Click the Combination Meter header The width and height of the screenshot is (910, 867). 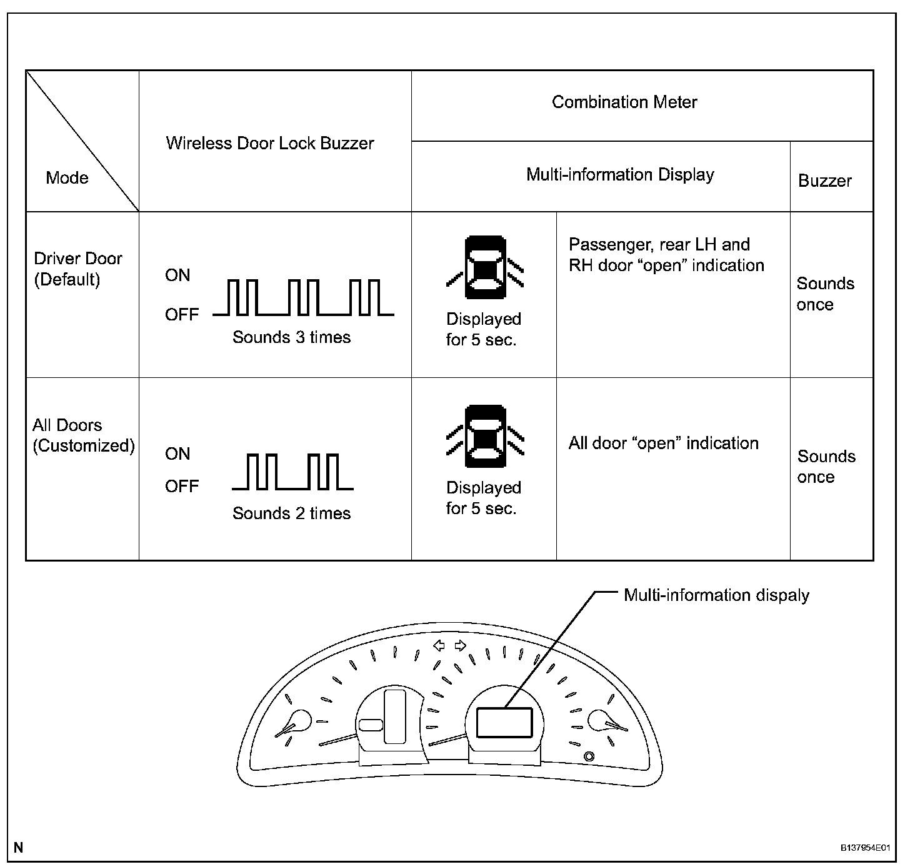[x=624, y=102]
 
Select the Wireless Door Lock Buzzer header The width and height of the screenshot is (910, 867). [x=270, y=143]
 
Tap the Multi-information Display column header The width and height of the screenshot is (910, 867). [x=620, y=175]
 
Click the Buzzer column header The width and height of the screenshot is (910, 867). [x=825, y=181]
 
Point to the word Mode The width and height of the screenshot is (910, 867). [x=67, y=178]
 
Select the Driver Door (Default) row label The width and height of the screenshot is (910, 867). [x=77, y=269]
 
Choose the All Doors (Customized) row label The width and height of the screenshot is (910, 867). [x=83, y=435]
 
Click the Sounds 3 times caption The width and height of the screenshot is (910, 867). [x=291, y=338]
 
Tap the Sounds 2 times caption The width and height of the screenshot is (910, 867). [x=291, y=513]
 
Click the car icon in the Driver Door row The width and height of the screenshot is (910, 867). [x=486, y=267]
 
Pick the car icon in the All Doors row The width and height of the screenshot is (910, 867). [x=486, y=437]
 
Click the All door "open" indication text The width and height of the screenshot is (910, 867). [x=663, y=443]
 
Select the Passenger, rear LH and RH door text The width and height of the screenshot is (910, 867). [x=666, y=255]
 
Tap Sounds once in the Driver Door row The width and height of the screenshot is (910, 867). [x=825, y=294]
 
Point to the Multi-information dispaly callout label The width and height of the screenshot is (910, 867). [x=716, y=595]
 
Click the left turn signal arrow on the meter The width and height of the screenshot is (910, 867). [x=439, y=645]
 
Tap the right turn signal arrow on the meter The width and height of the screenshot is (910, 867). [x=461, y=645]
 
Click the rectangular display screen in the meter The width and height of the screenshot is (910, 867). [x=504, y=723]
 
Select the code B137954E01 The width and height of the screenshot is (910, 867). [x=864, y=848]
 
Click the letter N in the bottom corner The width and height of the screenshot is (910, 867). [x=19, y=848]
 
